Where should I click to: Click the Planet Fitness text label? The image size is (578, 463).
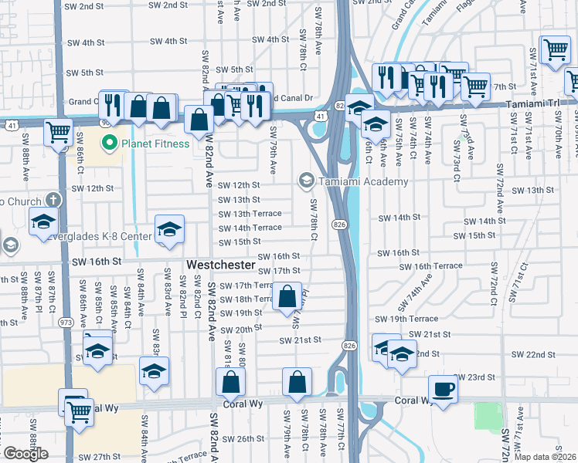(155, 144)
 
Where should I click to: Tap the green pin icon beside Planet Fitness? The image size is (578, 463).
(110, 143)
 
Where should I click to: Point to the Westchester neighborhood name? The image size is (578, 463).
(221, 264)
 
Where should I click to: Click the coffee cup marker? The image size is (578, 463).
(444, 390)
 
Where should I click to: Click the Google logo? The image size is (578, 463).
(25, 454)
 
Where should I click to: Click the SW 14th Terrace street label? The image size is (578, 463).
(250, 228)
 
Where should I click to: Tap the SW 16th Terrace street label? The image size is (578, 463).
(437, 265)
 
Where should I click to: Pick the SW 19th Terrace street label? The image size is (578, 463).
(406, 319)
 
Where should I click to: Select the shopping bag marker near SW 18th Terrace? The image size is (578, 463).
(287, 297)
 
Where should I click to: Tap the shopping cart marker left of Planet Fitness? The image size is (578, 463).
(59, 133)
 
